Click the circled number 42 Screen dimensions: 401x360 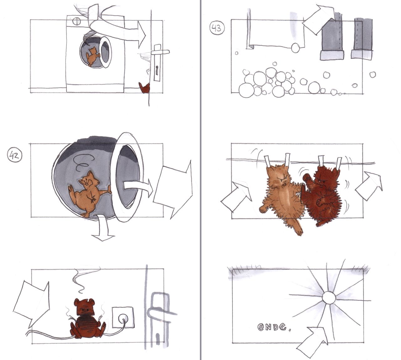14,156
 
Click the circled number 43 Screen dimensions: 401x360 217,28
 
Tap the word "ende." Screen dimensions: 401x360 273,327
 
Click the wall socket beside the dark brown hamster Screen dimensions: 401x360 122,317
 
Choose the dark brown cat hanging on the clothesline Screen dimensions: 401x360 322,195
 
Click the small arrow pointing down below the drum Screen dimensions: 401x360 102,228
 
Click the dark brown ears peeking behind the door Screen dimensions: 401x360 145,87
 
